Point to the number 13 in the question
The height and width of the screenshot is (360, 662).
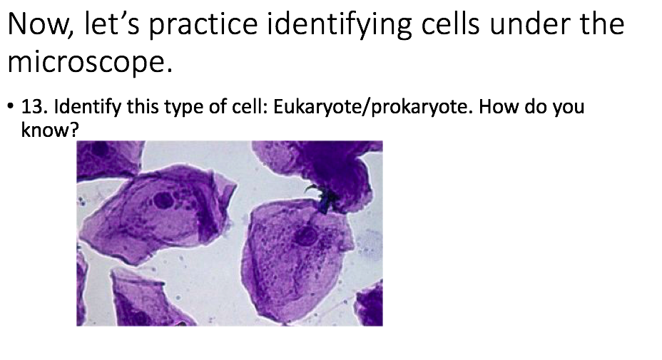pos(35,108)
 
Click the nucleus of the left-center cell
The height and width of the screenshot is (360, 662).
pos(163,199)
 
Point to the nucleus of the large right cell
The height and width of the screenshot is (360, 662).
pos(307,235)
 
